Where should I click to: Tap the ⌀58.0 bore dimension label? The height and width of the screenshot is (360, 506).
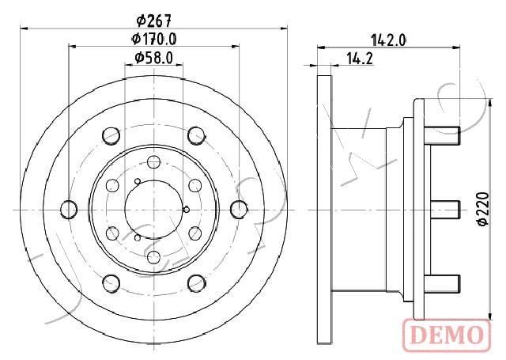[x=153, y=57]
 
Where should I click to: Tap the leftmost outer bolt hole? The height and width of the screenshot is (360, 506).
[x=69, y=209]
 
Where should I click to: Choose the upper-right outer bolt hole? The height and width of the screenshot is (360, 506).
[x=195, y=136]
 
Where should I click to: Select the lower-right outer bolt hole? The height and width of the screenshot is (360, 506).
[x=195, y=282]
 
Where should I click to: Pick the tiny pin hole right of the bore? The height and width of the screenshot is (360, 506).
[x=186, y=210]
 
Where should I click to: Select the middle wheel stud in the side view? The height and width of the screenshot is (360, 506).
[x=447, y=209]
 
